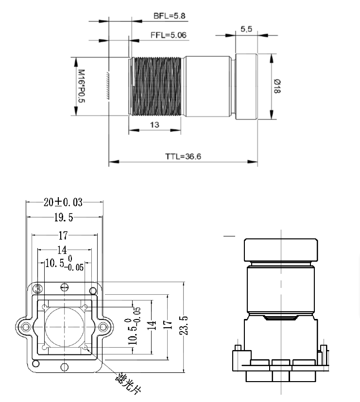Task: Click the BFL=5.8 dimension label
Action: [x=170, y=16]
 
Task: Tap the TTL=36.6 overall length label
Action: [x=183, y=156]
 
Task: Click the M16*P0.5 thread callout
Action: [x=81, y=86]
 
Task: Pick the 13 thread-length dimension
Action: [x=154, y=125]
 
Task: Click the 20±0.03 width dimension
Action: [x=63, y=202]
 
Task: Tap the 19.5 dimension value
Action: [x=63, y=218]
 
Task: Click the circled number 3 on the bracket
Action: [x=37, y=288]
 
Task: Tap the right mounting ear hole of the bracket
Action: [x=103, y=327]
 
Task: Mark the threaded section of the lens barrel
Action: [x=157, y=87]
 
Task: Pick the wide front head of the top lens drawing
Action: [x=246, y=87]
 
